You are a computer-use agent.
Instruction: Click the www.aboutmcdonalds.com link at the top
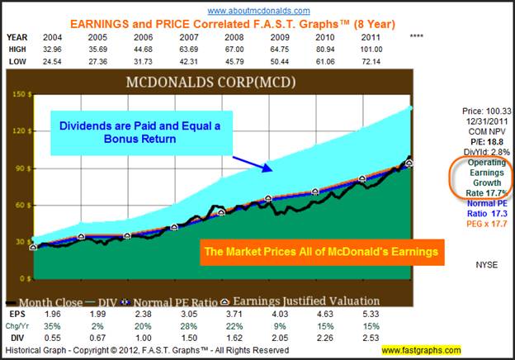click(x=258, y=11)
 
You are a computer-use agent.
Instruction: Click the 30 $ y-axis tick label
click(x=21, y=241)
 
